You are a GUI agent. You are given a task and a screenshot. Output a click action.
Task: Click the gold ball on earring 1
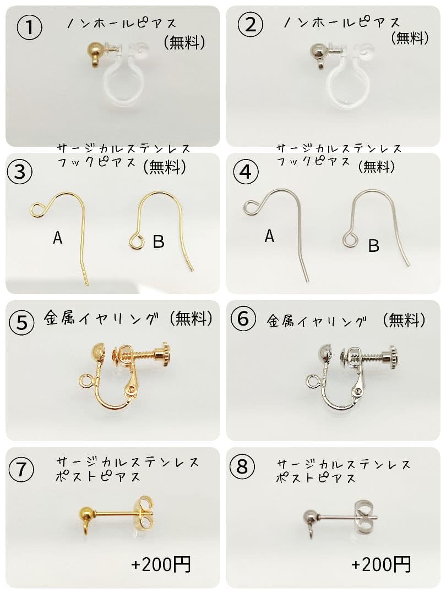click(94, 50)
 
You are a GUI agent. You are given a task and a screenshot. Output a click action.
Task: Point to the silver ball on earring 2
click(318, 51)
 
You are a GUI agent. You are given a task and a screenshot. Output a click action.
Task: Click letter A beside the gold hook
click(57, 238)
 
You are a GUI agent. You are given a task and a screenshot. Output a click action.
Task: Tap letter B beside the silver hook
click(373, 245)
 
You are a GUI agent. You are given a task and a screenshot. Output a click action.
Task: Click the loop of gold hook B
click(135, 241)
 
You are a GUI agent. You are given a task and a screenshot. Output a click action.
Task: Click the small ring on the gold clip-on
click(85, 380)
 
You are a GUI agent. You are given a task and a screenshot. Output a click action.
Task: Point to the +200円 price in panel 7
click(161, 564)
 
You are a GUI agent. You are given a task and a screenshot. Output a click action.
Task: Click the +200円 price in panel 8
click(381, 564)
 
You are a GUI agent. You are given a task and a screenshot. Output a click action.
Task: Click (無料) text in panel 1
click(183, 42)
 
